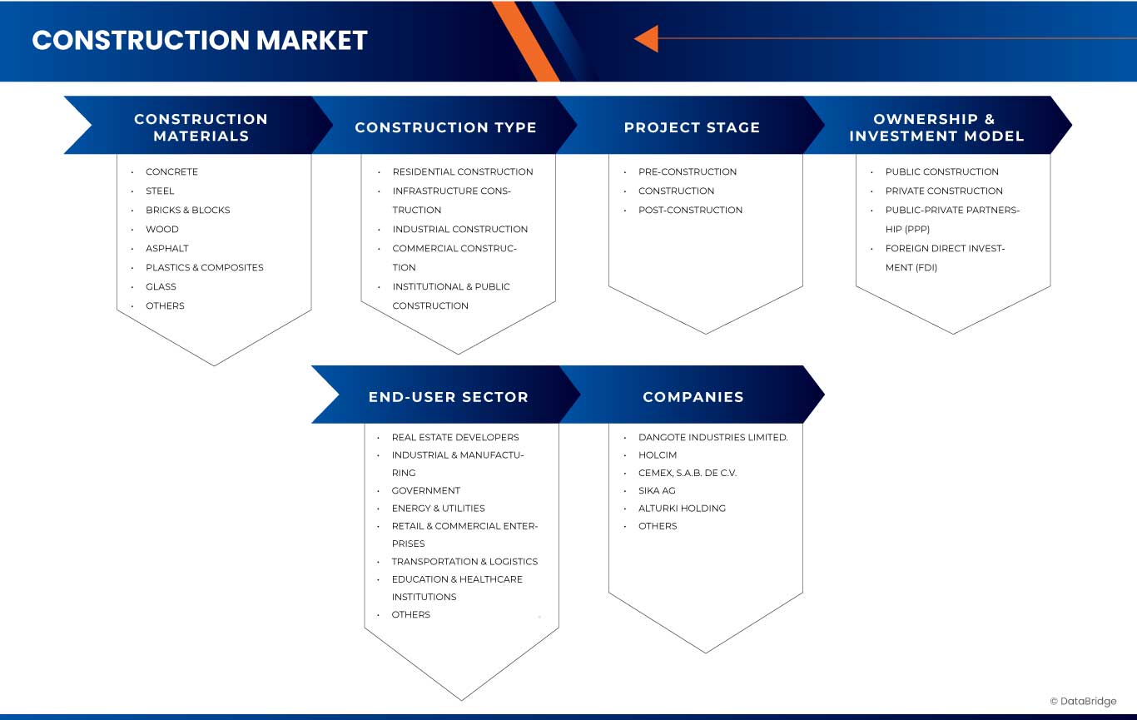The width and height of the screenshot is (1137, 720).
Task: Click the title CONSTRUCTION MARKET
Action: pos(200,40)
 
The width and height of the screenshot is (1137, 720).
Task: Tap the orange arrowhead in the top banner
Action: pos(647,38)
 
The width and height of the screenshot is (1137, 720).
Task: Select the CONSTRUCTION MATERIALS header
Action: pos(201,127)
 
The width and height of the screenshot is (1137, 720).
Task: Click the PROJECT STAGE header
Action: pos(692,127)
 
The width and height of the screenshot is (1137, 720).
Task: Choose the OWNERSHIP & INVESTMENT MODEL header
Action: pos(936,127)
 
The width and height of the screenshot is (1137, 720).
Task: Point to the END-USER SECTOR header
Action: pos(448,397)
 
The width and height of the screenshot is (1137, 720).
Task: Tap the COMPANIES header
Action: pos(693,397)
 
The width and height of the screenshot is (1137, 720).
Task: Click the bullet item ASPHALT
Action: pos(167,248)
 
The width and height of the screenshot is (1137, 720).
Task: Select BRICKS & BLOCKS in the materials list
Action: pos(187,210)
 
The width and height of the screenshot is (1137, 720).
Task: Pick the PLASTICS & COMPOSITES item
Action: pos(204,267)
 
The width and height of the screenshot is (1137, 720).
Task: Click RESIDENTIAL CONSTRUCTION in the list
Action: pos(463,171)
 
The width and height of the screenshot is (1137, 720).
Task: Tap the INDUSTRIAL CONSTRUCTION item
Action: pos(460,229)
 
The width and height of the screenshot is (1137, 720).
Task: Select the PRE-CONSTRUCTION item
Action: pos(688,171)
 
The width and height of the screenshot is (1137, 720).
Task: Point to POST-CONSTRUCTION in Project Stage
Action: pos(690,210)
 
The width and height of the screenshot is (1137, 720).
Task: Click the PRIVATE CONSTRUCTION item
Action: pos(944,191)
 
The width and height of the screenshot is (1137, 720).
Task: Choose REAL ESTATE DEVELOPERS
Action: pos(455,437)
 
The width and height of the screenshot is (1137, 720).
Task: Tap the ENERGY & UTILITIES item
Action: pos(438,508)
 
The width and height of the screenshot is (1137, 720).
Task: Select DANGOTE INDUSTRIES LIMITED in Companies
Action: pos(712,437)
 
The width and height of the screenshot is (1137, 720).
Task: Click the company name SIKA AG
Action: pos(657,490)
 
